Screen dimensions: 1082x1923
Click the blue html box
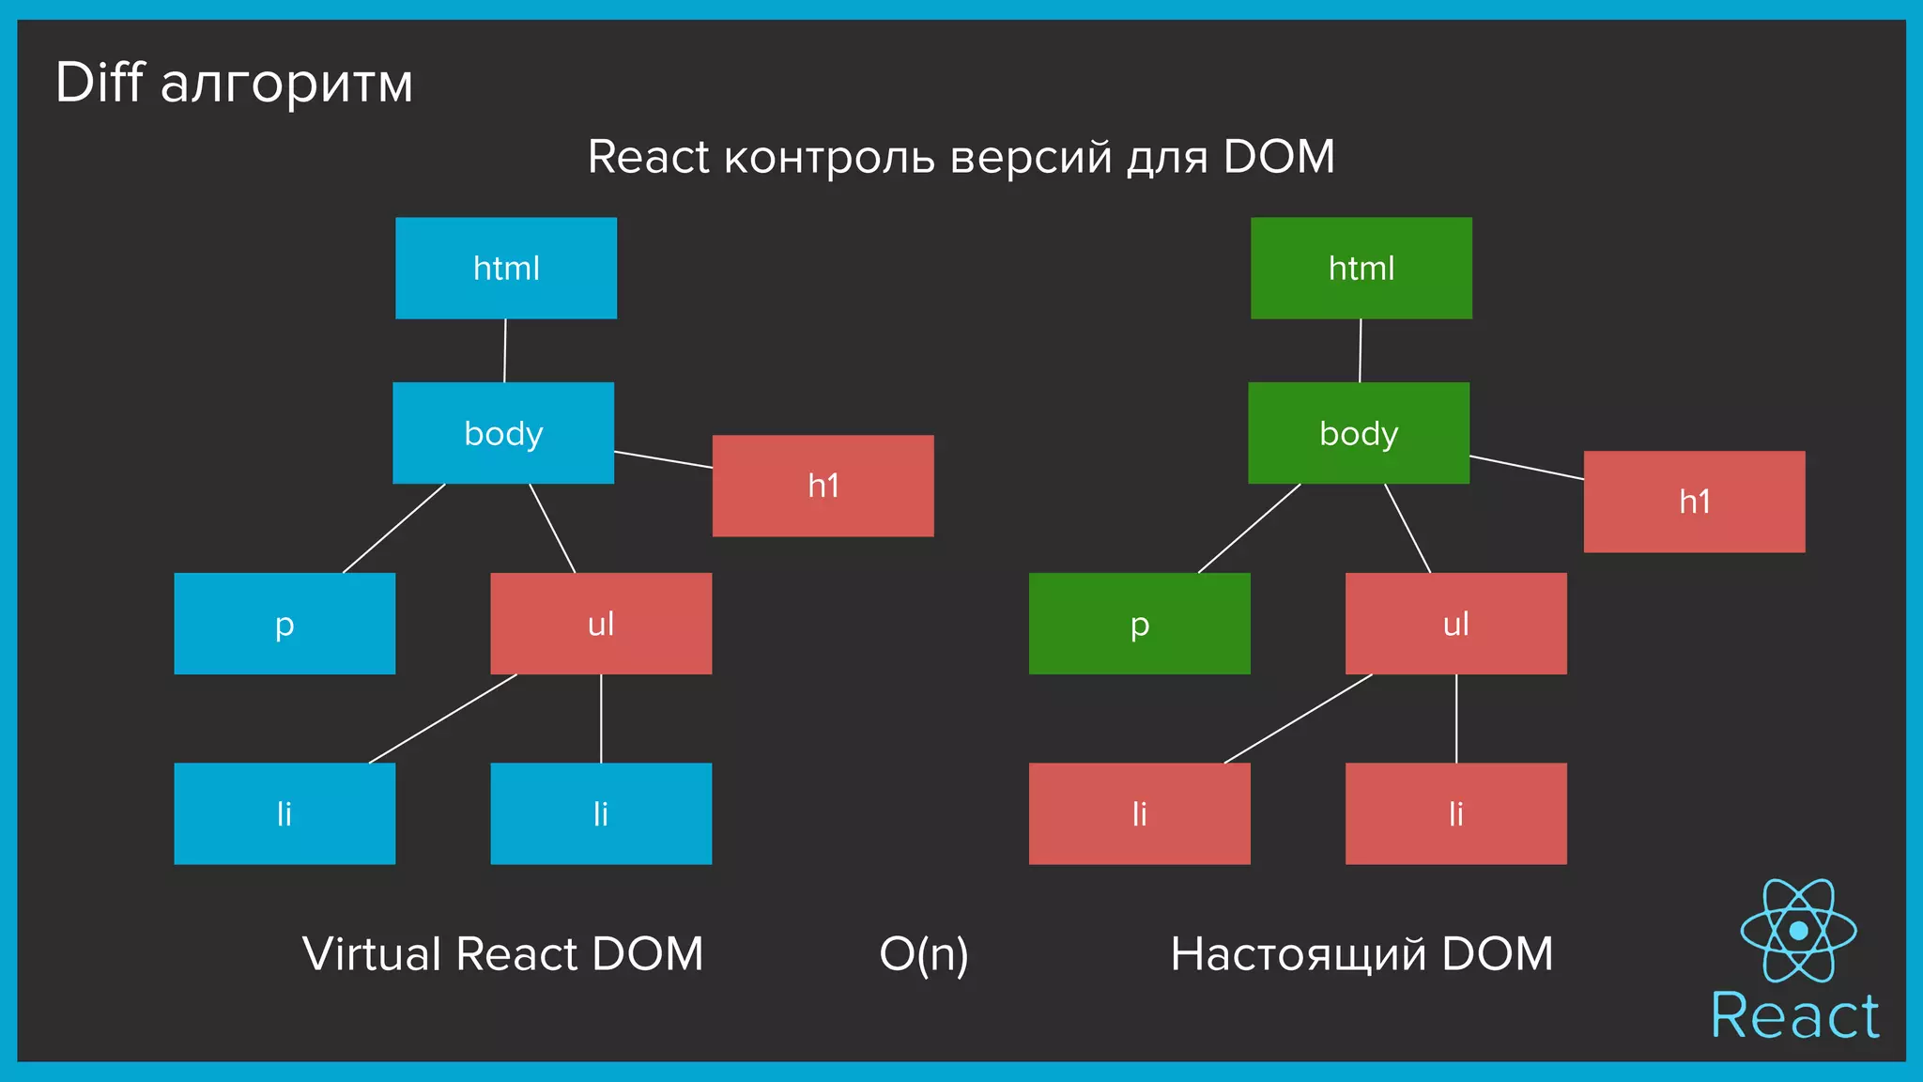pyautogui.click(x=506, y=268)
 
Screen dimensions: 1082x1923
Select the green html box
pyautogui.click(x=1361, y=268)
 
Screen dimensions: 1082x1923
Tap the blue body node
pyautogui.click(x=503, y=433)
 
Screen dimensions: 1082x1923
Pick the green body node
pyautogui.click(x=1358, y=433)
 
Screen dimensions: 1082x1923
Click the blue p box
pyautogui.click(x=285, y=624)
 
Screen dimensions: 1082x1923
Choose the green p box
pyautogui.click(x=1139, y=624)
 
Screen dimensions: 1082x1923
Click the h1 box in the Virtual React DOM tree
pyautogui.click(x=823, y=486)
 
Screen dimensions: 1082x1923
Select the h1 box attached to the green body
pyautogui.click(x=1694, y=502)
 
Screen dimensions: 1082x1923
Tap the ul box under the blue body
pyautogui.click(x=601, y=624)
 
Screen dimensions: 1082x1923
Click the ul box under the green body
pyautogui.click(x=1455, y=624)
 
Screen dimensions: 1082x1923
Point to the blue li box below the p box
pyautogui.click(x=285, y=813)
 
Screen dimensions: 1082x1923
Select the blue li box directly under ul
pyautogui.click(x=601, y=813)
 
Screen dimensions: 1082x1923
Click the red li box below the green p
pyautogui.click(x=1139, y=813)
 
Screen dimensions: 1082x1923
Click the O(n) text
pyautogui.click(x=923, y=954)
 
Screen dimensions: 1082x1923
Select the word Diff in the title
pyautogui.click(x=99, y=83)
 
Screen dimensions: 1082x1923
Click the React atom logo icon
pyautogui.click(x=1798, y=930)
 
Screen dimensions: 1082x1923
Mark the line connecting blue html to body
pyautogui.click(x=505, y=350)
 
